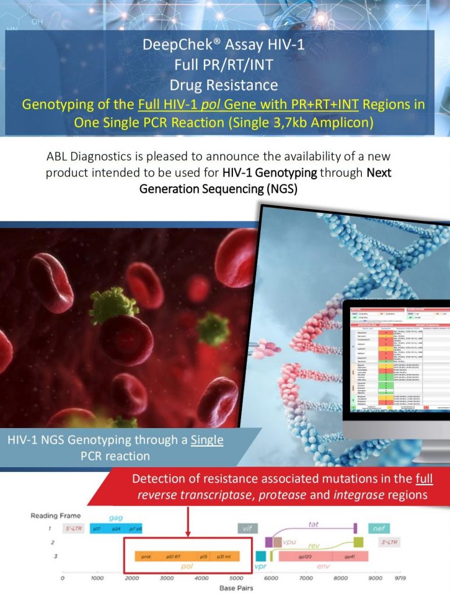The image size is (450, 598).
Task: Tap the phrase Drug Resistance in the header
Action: pos(224,85)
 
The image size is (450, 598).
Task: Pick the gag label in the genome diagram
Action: pos(116,517)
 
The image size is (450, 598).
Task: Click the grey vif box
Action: pos(247,528)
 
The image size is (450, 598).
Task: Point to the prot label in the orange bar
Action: pos(146,557)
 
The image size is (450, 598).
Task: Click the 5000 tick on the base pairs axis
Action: pos(236,578)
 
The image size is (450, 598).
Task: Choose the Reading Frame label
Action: pos(55,516)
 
